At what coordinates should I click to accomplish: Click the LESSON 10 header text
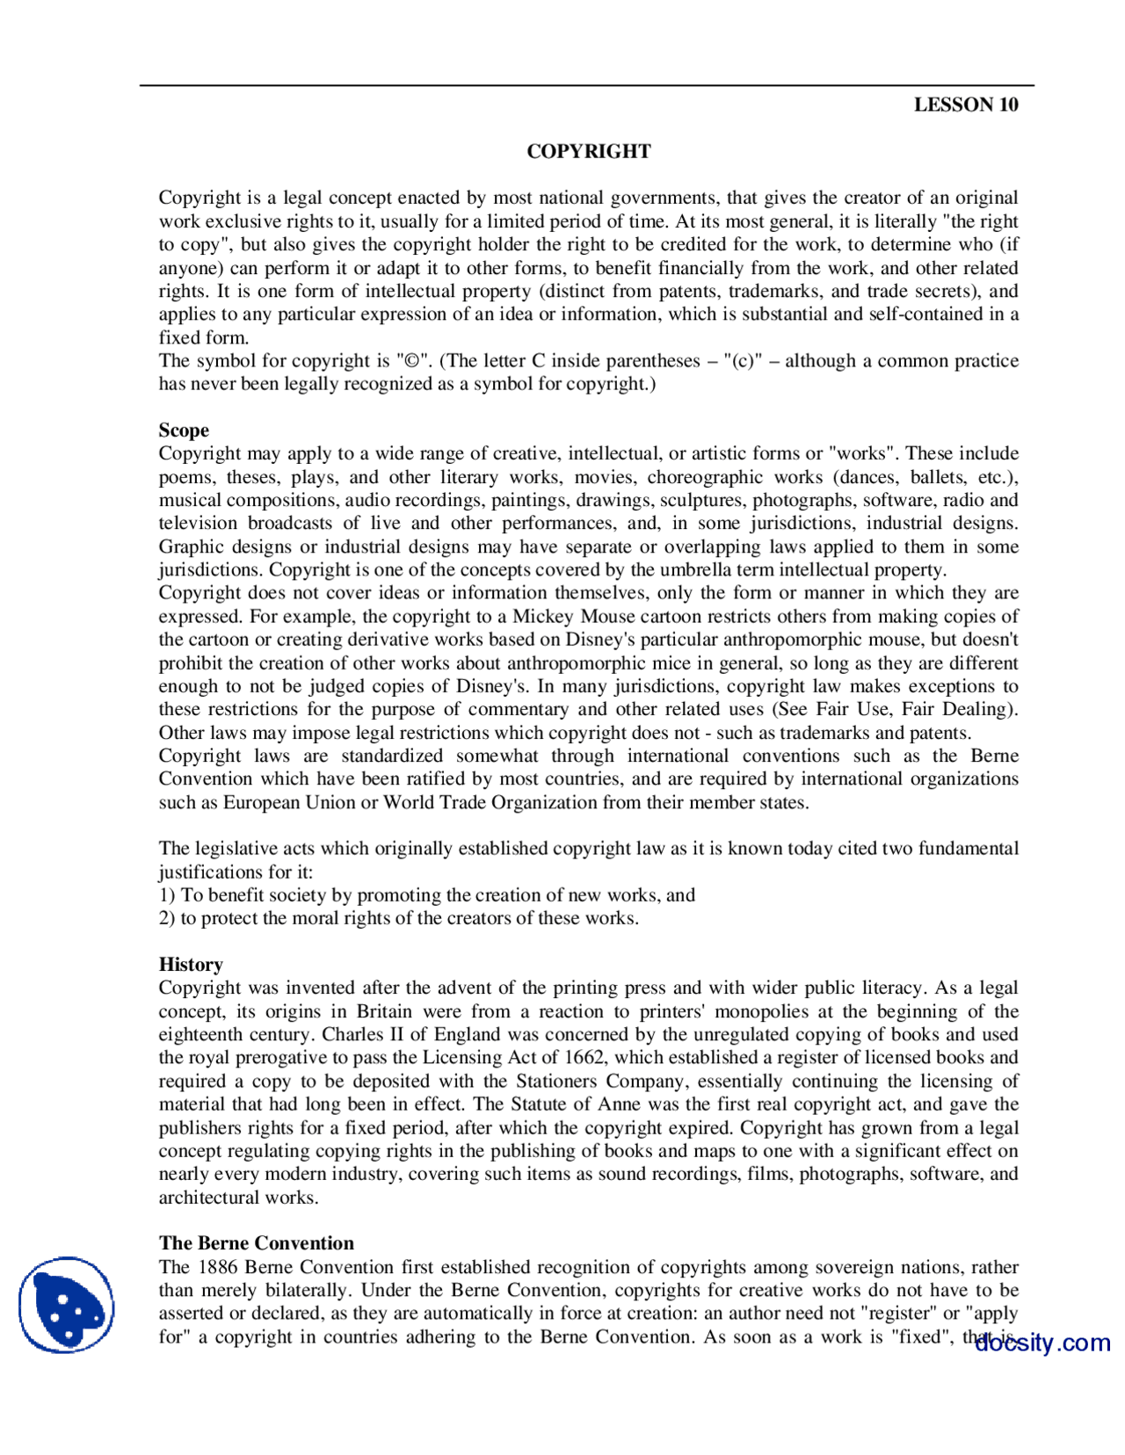point(965,105)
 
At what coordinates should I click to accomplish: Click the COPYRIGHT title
point(588,151)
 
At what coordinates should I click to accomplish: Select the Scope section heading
point(184,431)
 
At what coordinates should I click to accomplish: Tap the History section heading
point(191,965)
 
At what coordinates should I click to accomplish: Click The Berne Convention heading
point(256,1243)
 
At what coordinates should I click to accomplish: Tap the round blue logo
point(66,1305)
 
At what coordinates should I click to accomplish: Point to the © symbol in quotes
point(411,361)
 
